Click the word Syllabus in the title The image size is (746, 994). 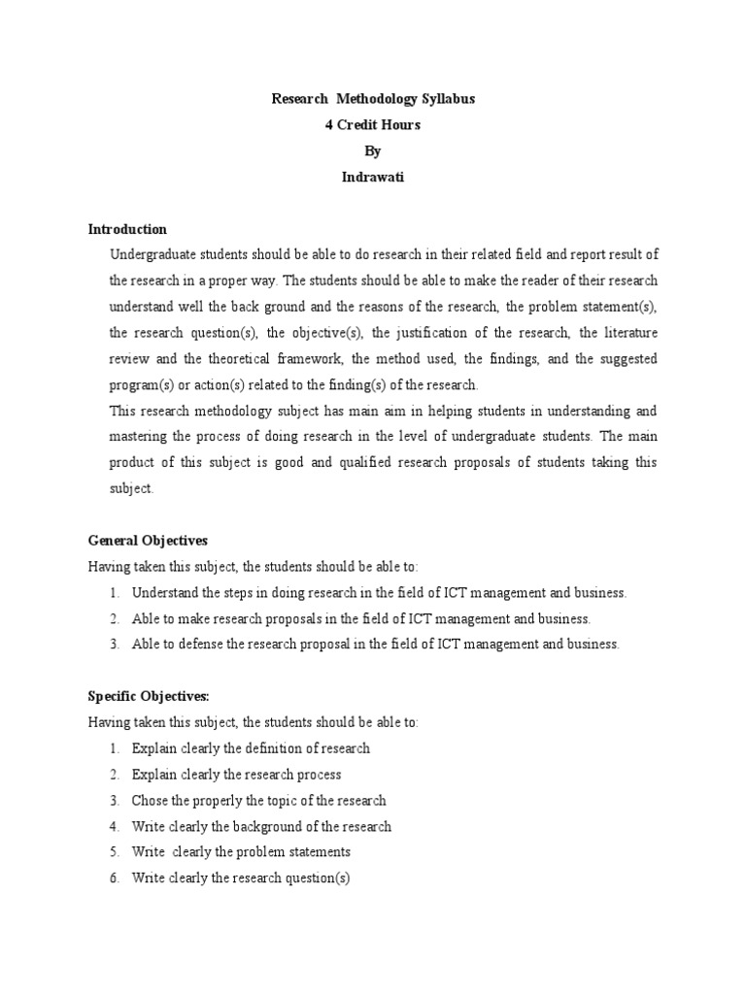446,100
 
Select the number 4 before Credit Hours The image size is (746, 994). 328,126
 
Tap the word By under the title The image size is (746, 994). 373,152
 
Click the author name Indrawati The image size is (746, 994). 373,179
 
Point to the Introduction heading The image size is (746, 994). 127,230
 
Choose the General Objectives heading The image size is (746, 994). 148,541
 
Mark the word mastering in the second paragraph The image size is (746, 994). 141,437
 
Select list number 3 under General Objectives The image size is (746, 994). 114,645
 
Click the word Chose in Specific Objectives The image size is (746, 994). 150,801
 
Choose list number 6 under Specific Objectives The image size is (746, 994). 114,879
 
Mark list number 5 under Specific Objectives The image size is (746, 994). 114,853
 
